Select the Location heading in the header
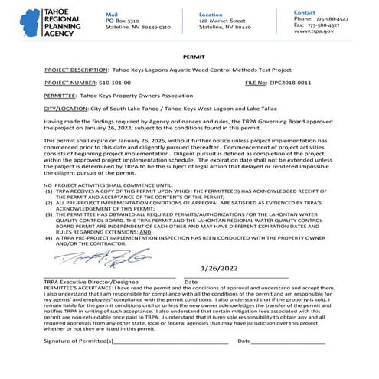click(211, 15)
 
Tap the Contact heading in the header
click(304, 13)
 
